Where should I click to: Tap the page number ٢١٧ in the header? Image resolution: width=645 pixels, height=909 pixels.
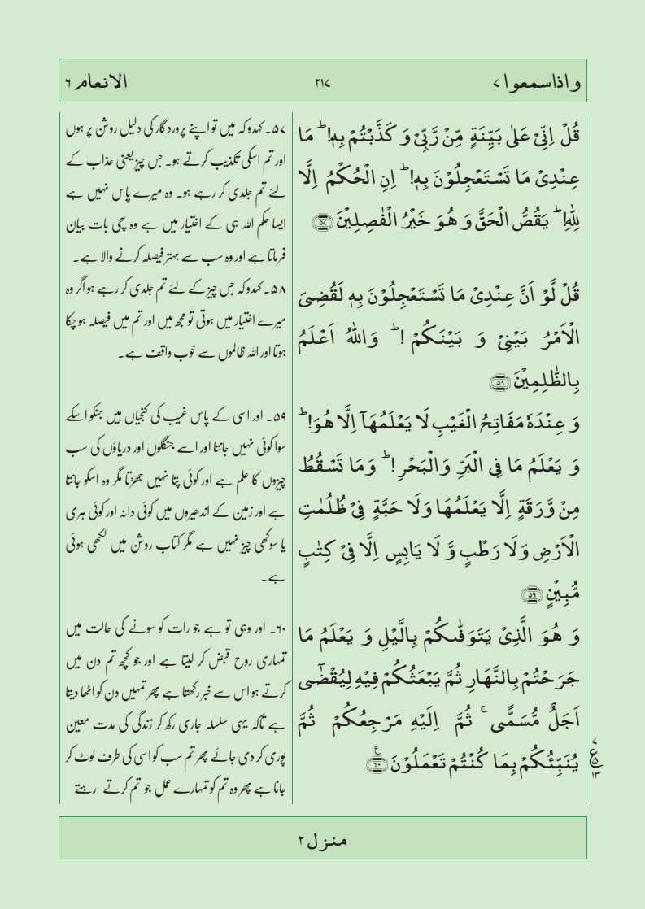pos(322,82)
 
